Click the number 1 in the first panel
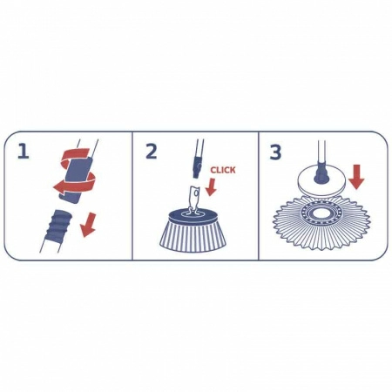point(24,152)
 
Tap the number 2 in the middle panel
point(151,152)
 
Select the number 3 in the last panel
point(276,152)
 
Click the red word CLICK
point(224,171)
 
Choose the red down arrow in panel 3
point(355,177)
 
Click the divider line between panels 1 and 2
point(132,196)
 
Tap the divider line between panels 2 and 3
point(259,196)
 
